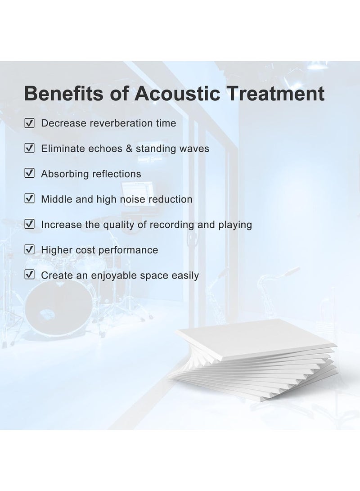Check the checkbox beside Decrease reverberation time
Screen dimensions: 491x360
(x=29, y=123)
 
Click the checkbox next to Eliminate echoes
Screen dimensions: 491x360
(x=29, y=148)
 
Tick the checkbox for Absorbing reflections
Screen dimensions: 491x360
(x=29, y=174)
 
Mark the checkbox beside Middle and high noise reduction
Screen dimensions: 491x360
(x=29, y=199)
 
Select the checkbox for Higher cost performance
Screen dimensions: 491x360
(x=29, y=250)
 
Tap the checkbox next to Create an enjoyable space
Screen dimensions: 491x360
(x=29, y=275)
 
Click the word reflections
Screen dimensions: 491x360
(x=117, y=174)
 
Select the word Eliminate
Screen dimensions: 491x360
(x=62, y=148)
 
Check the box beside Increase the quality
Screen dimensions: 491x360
(x=29, y=224)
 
